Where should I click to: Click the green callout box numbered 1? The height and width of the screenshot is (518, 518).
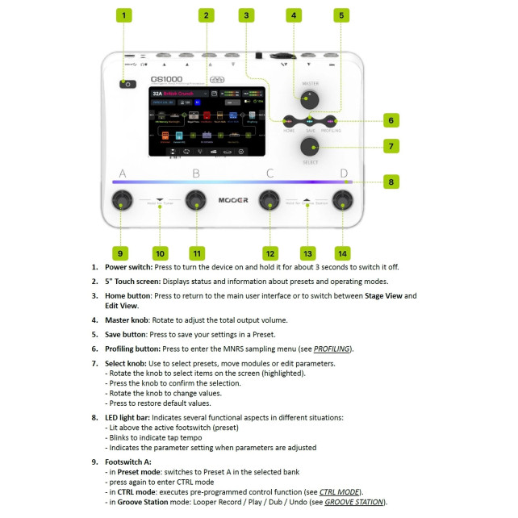[x=123, y=15]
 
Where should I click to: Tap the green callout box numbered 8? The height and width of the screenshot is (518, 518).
[x=391, y=182]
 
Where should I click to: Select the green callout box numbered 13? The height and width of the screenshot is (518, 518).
[x=306, y=253]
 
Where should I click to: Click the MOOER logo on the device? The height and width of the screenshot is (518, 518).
[x=233, y=200]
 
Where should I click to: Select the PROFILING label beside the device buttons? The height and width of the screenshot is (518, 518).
[x=331, y=129]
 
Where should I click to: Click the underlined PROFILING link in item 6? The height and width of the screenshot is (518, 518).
[x=332, y=349]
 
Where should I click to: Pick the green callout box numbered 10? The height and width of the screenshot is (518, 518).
[x=160, y=253]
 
